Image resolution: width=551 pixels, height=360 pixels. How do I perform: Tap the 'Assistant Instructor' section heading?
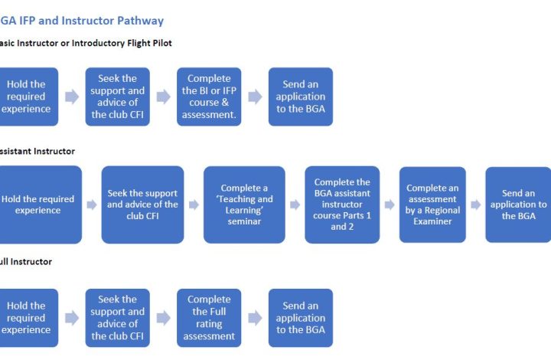point(37,152)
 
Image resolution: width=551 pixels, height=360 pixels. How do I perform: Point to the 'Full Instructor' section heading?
point(26,261)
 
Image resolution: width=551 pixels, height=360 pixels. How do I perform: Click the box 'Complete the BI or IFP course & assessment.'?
point(209,97)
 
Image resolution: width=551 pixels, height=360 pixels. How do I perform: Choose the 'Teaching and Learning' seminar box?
point(244,205)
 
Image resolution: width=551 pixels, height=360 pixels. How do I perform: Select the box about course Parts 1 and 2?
point(342,205)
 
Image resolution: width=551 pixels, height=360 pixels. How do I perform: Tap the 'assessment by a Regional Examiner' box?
point(432,205)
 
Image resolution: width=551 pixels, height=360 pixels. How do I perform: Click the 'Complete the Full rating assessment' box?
point(209,318)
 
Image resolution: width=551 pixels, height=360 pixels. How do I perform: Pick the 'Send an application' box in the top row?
point(301,97)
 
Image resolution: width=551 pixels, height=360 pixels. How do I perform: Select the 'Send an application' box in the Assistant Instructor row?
point(518,205)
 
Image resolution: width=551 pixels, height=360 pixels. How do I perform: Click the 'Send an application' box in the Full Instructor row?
point(301,318)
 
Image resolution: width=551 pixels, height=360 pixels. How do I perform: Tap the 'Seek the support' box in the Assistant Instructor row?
point(142,205)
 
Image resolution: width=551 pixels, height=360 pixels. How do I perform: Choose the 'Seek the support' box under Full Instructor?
point(118,318)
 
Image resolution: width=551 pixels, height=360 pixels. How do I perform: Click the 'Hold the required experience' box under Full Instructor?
point(28,318)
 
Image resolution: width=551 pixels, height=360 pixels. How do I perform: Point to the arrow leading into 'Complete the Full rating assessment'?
point(163,318)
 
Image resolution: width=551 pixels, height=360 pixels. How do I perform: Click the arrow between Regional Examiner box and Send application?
point(475,205)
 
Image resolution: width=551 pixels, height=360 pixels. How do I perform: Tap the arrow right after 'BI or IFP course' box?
point(255,97)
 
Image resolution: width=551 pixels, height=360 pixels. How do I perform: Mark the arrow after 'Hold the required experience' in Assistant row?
point(91,205)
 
